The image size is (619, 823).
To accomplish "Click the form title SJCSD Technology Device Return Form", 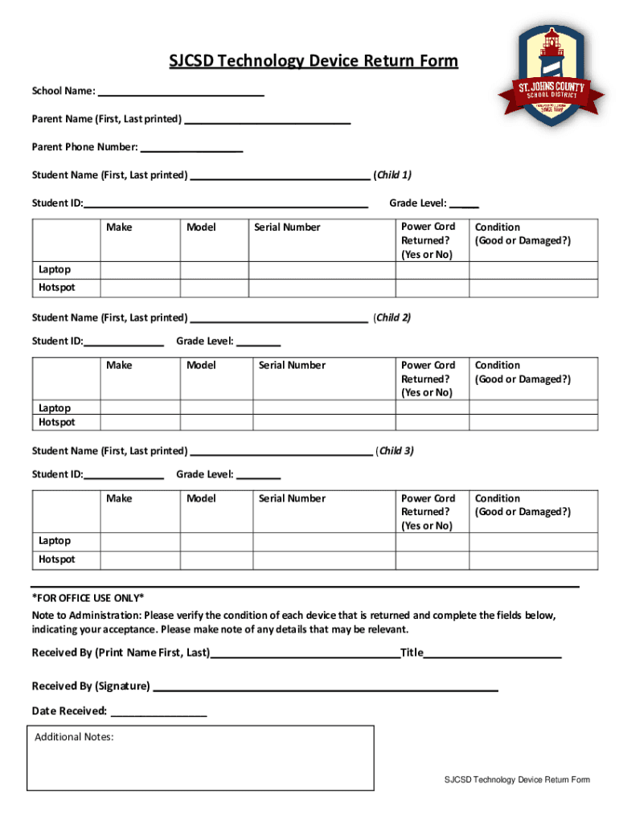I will [x=313, y=62].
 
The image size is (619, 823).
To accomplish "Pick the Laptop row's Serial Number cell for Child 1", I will [x=321, y=270].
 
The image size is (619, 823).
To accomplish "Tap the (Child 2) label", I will [x=391, y=317].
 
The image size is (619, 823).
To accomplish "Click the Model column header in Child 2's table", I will [x=201, y=365].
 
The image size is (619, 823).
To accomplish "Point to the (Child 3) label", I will [x=394, y=451].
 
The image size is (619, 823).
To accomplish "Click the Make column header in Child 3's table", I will [x=119, y=498].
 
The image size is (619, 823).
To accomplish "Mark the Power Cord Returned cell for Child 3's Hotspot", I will [x=432, y=559].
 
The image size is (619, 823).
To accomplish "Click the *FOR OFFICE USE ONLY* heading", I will [x=88, y=598].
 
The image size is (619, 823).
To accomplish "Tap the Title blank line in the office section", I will [x=492, y=652].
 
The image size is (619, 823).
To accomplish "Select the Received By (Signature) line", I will [x=325, y=686].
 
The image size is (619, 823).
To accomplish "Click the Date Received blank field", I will [x=158, y=710].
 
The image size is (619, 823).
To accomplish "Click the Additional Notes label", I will [x=74, y=737].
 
